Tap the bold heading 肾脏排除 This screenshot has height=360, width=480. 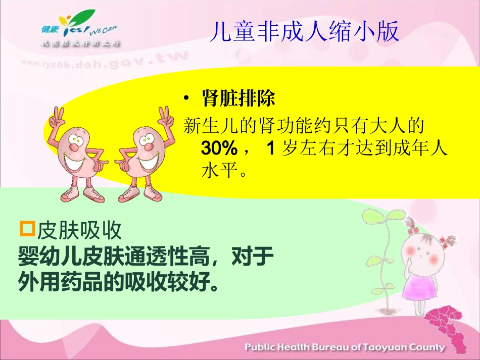click(x=238, y=98)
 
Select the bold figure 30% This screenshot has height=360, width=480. click(x=219, y=148)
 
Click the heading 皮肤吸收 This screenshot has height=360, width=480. click(x=79, y=231)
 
